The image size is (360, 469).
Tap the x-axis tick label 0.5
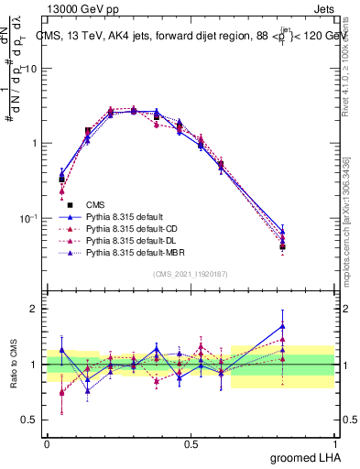coord(191,443)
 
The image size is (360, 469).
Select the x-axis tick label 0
coord(47,443)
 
